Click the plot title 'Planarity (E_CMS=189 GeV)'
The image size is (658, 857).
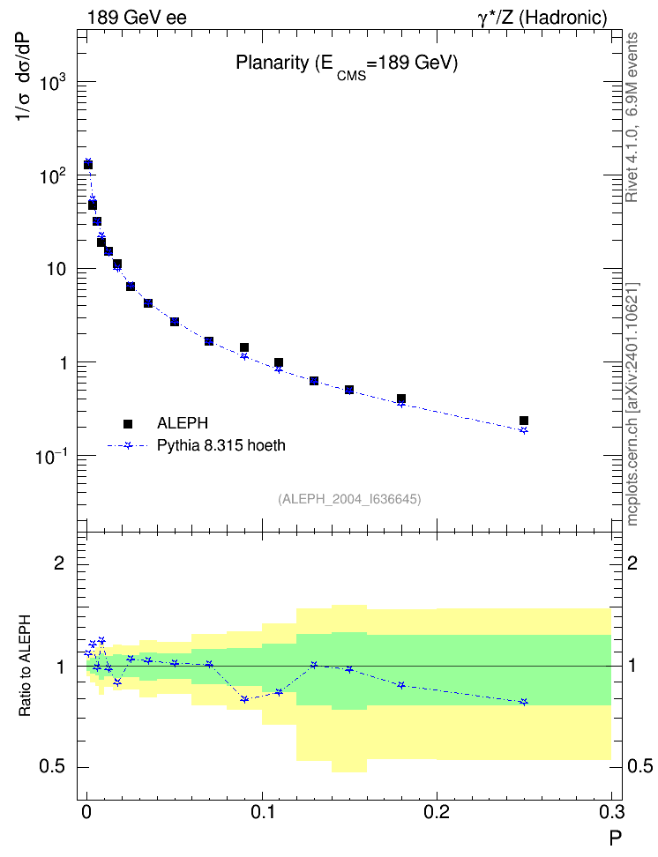pyautogui.click(x=347, y=65)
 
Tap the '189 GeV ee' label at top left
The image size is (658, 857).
pyautogui.click(x=137, y=18)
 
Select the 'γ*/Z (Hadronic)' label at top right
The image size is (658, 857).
pyautogui.click(x=542, y=18)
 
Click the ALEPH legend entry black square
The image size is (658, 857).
pyautogui.click(x=128, y=423)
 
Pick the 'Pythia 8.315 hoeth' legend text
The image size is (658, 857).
pyautogui.click(x=221, y=445)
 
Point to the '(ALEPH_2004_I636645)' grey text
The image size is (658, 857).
pyautogui.click(x=349, y=499)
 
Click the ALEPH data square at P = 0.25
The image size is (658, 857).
pyautogui.click(x=524, y=421)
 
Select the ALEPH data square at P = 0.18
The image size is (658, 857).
pyautogui.click(x=401, y=399)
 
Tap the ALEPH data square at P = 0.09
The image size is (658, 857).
pyautogui.click(x=244, y=347)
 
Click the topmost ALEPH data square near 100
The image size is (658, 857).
pyautogui.click(x=88, y=165)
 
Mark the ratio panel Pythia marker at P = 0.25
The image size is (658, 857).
pyautogui.click(x=524, y=702)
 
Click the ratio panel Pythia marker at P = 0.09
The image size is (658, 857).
pyautogui.click(x=244, y=699)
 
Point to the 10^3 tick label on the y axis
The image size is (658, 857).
pyautogui.click(x=53, y=82)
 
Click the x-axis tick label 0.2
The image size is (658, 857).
pyautogui.click(x=437, y=812)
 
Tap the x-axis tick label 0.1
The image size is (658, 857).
pyautogui.click(x=262, y=812)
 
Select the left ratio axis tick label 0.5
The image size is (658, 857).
pyautogui.click(x=52, y=767)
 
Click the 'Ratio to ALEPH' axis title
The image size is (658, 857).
pyautogui.click(x=25, y=665)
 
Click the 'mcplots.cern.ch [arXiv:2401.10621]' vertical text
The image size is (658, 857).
pyautogui.click(x=632, y=404)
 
